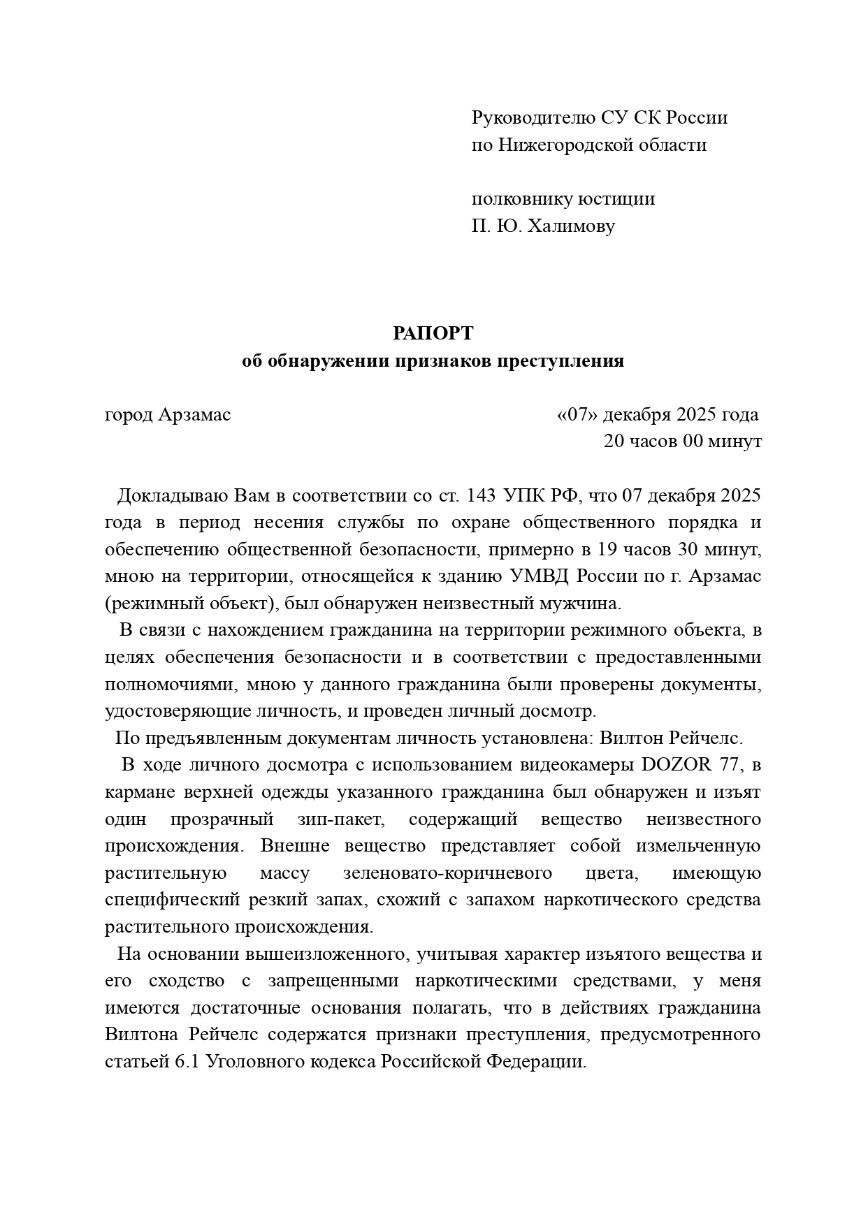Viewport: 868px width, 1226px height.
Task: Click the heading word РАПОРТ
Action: pyautogui.click(x=433, y=334)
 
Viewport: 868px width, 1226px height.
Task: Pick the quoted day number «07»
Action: pyautogui.click(x=577, y=415)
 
